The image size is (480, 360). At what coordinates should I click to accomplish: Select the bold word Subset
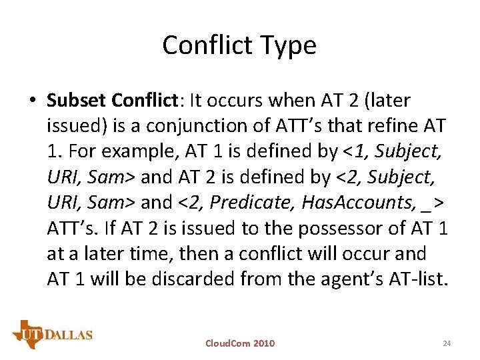pyautogui.click(x=77, y=101)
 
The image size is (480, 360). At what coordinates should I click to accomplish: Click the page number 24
pyautogui.click(x=447, y=343)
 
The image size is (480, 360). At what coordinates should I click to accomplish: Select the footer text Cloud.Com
pyautogui.click(x=227, y=343)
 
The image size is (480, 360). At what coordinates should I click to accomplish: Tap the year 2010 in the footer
pyautogui.click(x=263, y=343)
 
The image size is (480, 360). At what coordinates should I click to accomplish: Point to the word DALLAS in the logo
pyautogui.click(x=70, y=335)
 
